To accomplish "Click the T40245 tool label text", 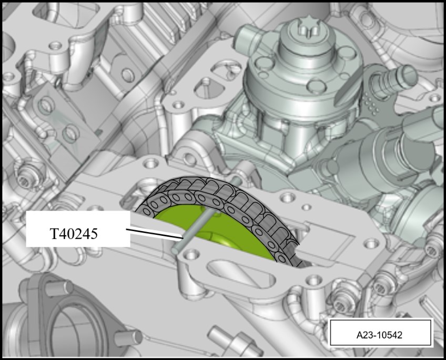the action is [74, 234].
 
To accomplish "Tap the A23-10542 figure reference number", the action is [379, 335].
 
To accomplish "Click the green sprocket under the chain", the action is [216, 233].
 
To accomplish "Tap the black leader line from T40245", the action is [155, 233].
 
